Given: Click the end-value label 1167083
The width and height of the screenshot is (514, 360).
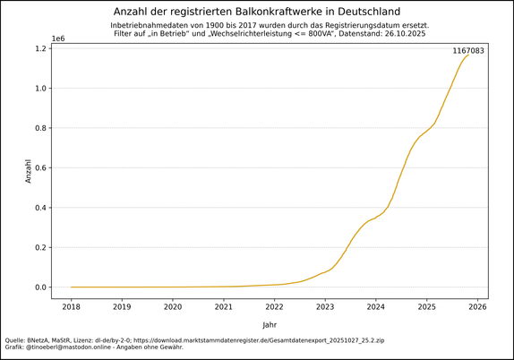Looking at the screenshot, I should click(467, 51).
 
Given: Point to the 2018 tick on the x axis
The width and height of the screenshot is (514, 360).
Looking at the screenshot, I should click(71, 306).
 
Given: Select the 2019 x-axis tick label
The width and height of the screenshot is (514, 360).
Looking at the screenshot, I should click(122, 306).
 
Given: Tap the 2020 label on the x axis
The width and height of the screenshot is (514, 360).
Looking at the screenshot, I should click(173, 306).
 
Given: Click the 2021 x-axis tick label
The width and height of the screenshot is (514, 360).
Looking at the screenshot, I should click(223, 306).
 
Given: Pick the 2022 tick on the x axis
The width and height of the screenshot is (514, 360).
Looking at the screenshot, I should click(274, 306).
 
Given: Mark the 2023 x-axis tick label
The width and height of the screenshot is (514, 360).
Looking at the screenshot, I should click(325, 306).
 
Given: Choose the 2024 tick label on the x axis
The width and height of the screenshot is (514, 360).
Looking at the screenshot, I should click(375, 306).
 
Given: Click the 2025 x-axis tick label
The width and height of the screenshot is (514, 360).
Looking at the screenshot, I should click(426, 306).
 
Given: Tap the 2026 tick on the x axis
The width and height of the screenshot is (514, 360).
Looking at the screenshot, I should click(477, 306).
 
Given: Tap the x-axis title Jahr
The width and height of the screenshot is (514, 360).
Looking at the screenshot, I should click(270, 324).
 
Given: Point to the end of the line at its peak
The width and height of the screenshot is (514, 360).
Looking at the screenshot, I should click(468, 56).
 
